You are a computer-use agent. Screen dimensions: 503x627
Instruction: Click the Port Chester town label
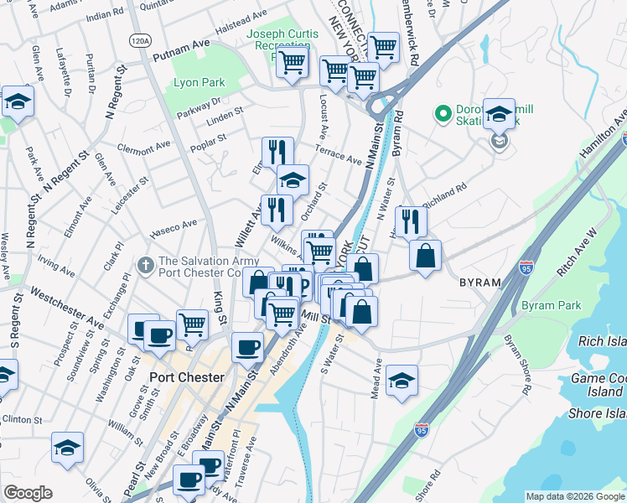pos(186,377)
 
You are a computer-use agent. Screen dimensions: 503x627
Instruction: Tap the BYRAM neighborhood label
pos(480,283)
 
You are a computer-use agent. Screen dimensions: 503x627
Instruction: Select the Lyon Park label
pos(199,83)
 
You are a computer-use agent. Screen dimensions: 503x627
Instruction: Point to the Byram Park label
pos(551,306)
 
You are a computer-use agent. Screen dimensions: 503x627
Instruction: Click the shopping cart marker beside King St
pos(193,323)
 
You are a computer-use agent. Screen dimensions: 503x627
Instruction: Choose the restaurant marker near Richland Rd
pos(410,220)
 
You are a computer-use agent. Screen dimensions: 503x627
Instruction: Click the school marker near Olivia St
pos(67,448)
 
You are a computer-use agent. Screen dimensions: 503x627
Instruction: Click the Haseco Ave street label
pos(173,224)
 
